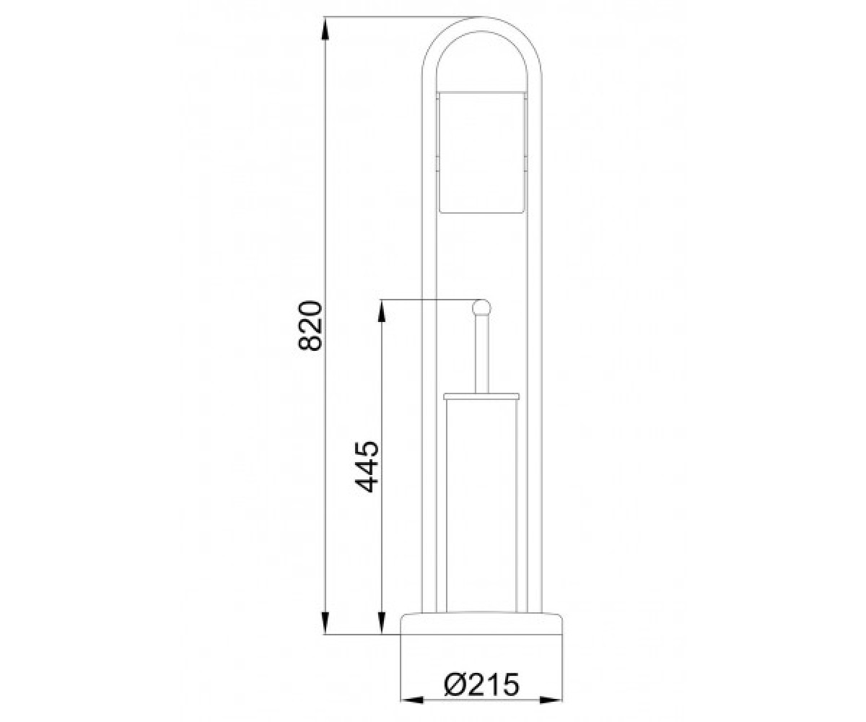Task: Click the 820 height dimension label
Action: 310,326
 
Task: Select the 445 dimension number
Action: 367,466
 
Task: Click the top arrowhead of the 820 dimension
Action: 325,29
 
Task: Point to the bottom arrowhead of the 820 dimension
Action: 325,622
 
